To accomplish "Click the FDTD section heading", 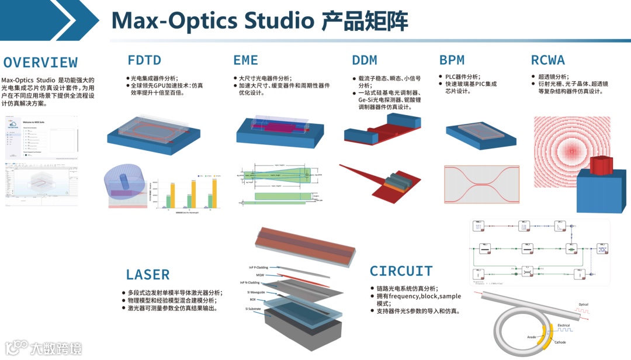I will point(144,60).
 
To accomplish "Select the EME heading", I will point(245,60).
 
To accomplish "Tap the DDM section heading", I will point(365,60).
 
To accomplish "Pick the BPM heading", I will point(452,60).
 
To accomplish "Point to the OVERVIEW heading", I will point(40,63).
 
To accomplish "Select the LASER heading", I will point(148,275).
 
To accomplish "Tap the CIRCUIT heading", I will point(401,271).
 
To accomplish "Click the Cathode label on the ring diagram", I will point(560,342).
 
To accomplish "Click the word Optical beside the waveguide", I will point(583,304).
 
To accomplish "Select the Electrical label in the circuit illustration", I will point(564,325).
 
